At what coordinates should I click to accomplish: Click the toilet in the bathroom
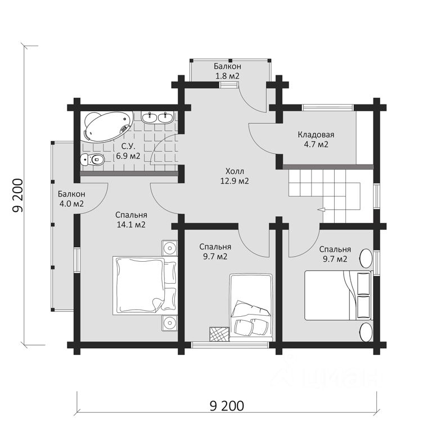[92, 160]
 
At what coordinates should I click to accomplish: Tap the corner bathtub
[107, 126]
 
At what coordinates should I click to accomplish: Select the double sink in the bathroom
[158, 117]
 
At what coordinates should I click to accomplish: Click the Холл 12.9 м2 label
[235, 176]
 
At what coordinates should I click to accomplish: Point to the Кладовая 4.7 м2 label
[316, 139]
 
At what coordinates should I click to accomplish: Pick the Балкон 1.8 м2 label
[227, 71]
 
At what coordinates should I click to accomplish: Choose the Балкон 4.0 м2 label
[71, 199]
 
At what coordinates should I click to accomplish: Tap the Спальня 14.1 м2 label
[131, 220]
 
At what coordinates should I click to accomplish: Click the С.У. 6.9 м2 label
[128, 151]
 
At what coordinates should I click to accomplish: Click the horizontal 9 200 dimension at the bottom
[227, 406]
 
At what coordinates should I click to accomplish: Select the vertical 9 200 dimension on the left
[18, 195]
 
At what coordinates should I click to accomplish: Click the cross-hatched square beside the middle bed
[219, 334]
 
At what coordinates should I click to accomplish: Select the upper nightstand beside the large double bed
[169, 247]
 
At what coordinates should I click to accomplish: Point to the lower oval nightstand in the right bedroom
[366, 332]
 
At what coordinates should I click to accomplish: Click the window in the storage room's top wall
[327, 108]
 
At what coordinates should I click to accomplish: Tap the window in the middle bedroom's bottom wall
[230, 345]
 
